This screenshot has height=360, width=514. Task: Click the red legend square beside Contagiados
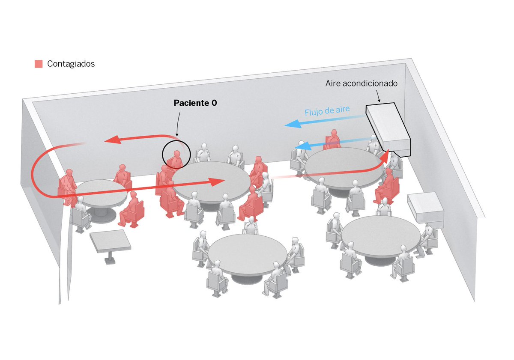click(39, 64)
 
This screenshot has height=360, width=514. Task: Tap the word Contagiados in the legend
click(71, 64)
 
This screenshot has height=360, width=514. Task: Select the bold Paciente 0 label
click(195, 103)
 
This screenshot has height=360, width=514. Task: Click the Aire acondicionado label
click(362, 83)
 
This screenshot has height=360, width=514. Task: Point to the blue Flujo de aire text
click(327, 111)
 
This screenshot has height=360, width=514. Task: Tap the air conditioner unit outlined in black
click(387, 130)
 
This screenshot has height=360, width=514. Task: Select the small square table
click(110, 241)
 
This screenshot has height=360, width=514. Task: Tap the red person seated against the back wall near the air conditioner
click(333, 140)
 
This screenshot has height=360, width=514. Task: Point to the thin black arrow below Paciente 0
click(178, 124)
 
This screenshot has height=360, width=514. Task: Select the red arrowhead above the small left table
click(113, 140)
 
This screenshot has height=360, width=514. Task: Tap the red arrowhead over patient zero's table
click(216, 181)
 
